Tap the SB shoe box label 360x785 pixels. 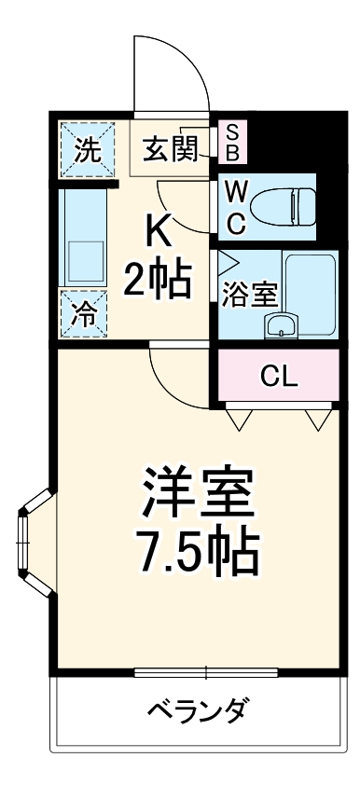click(231, 141)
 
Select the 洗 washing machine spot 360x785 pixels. click(86, 149)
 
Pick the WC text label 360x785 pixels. click(237, 208)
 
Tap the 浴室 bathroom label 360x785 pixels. click(249, 294)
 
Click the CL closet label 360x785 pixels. click(278, 376)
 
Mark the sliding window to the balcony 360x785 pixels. click(206, 671)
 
